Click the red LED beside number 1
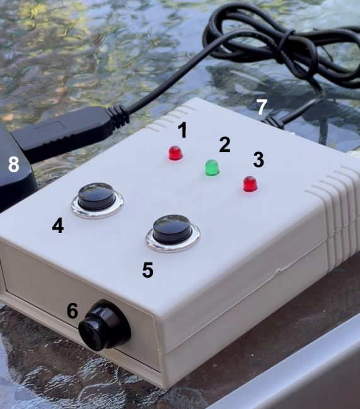[x=175, y=153]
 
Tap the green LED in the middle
[x=212, y=167]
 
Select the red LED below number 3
[x=250, y=184]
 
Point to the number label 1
[x=183, y=130]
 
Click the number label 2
[x=224, y=145]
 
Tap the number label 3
[x=258, y=159]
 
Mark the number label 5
[x=148, y=270]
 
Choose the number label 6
[x=73, y=311]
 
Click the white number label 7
[x=262, y=107]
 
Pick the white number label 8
[x=14, y=165]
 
